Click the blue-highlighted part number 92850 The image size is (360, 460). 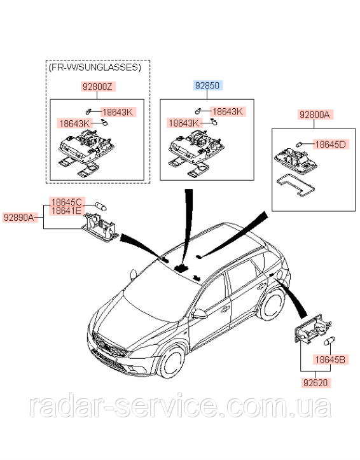[x=207, y=85]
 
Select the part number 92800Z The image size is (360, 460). [x=97, y=87]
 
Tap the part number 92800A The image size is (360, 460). [x=314, y=115]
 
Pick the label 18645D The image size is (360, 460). [x=330, y=144]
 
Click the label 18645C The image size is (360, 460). [x=67, y=202]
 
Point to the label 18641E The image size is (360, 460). [x=67, y=211]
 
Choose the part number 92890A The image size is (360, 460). [x=19, y=218]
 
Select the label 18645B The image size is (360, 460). [x=330, y=359]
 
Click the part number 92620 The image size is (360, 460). [x=315, y=382]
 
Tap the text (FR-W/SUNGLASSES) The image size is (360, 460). [x=95, y=67]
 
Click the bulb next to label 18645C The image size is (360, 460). [x=100, y=206]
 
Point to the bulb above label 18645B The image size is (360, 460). [x=329, y=341]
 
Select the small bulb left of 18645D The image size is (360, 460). [x=299, y=144]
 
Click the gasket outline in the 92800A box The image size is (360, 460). [x=296, y=185]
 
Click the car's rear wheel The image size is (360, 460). [x=272, y=304]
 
